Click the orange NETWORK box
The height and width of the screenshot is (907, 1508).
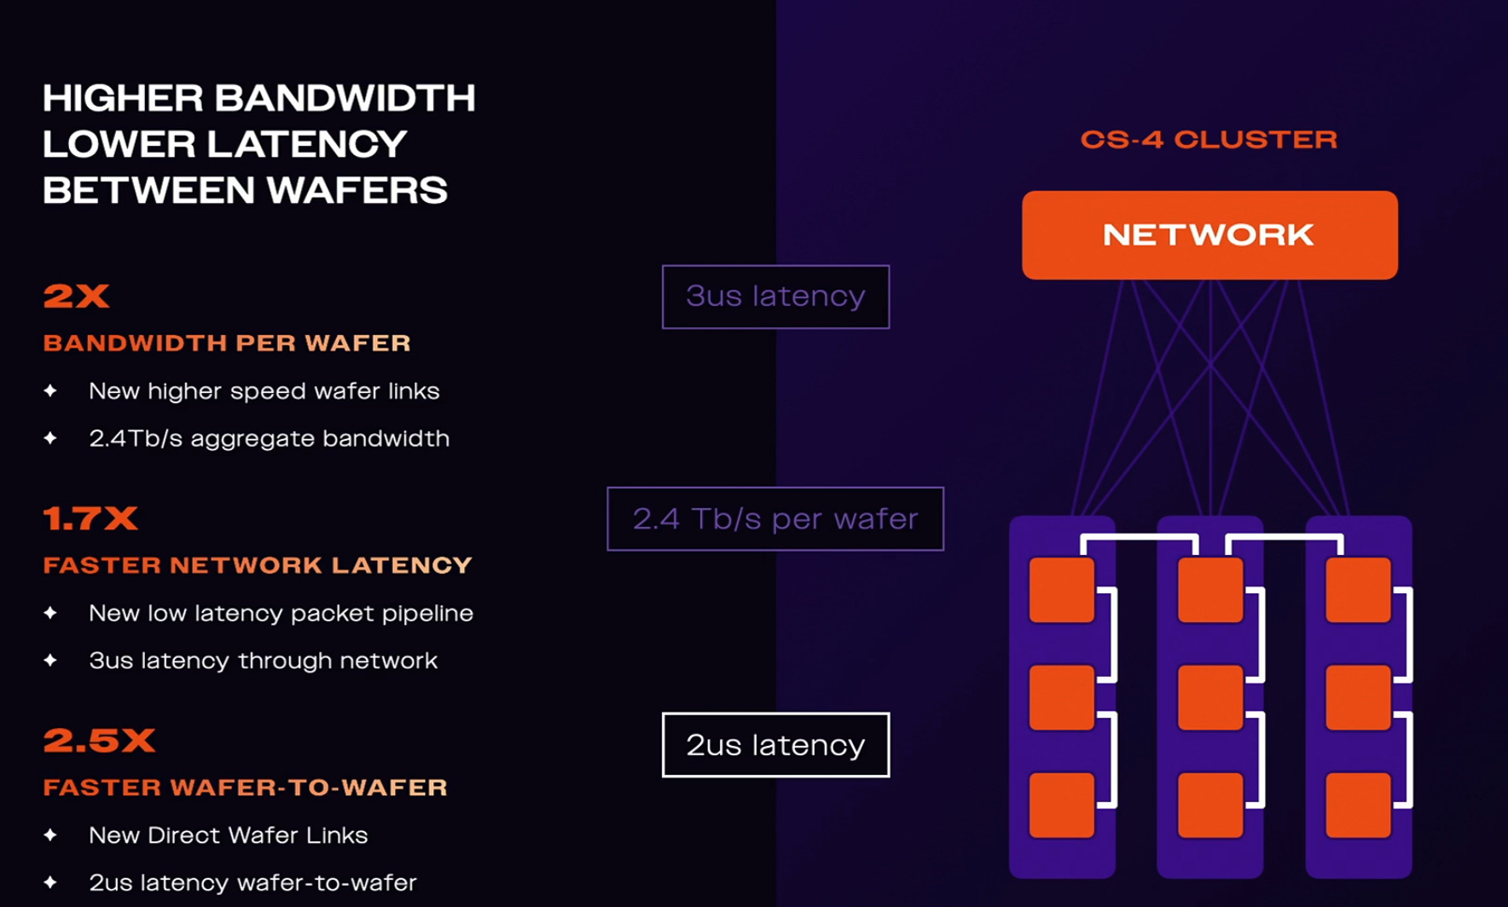(x=1209, y=235)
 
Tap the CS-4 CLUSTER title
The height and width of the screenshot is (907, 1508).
(x=1209, y=140)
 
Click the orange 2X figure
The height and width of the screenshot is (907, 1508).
(x=76, y=296)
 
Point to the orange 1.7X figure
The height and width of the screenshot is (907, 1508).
(x=90, y=518)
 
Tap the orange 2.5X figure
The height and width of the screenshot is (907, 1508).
(x=99, y=740)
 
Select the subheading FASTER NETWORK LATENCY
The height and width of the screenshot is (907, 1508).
(x=258, y=565)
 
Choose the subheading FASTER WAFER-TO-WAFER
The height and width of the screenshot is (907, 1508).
(x=246, y=787)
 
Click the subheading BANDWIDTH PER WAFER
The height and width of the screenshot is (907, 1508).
(x=227, y=343)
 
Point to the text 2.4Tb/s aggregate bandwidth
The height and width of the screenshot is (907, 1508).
(x=269, y=438)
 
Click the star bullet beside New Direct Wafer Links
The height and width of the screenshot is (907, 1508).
(x=50, y=835)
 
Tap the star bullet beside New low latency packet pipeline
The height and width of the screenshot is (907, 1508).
(x=50, y=613)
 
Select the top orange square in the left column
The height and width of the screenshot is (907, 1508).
(x=1062, y=590)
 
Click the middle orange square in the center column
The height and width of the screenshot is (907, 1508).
(x=1210, y=697)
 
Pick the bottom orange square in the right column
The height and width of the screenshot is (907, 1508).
(x=1358, y=805)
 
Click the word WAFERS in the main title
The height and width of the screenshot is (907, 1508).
(x=357, y=190)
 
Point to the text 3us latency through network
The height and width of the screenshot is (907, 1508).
(x=263, y=661)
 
